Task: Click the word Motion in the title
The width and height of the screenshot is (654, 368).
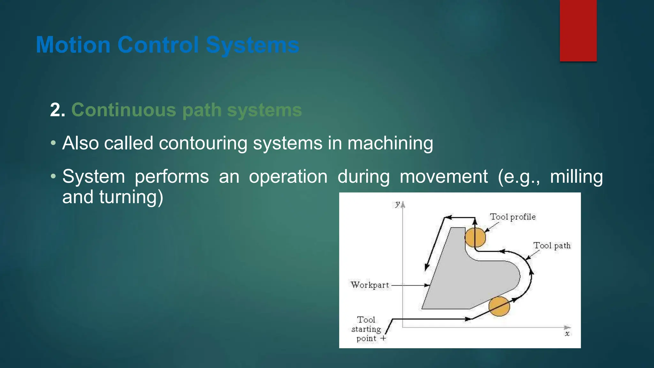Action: click(73, 45)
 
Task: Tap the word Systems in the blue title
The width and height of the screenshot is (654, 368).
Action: click(252, 45)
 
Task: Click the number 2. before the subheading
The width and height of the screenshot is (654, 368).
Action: click(58, 110)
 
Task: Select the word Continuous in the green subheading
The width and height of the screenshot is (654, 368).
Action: click(124, 110)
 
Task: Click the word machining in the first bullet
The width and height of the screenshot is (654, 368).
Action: click(390, 143)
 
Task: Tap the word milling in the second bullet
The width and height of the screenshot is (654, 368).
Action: click(576, 176)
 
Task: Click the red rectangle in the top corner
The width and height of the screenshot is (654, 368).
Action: click(578, 31)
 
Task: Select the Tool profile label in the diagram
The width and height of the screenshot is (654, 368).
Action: click(513, 217)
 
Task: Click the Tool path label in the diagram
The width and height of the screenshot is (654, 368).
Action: click(552, 246)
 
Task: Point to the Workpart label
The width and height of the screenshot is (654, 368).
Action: click(370, 285)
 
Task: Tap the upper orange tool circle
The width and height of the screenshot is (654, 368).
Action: click(475, 237)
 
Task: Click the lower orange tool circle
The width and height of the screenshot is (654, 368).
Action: click(499, 306)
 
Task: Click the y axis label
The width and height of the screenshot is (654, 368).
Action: click(397, 204)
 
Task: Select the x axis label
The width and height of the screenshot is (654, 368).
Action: click(567, 334)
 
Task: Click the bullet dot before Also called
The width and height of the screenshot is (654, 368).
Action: click(53, 143)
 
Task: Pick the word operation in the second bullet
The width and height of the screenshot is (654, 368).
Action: click(288, 176)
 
